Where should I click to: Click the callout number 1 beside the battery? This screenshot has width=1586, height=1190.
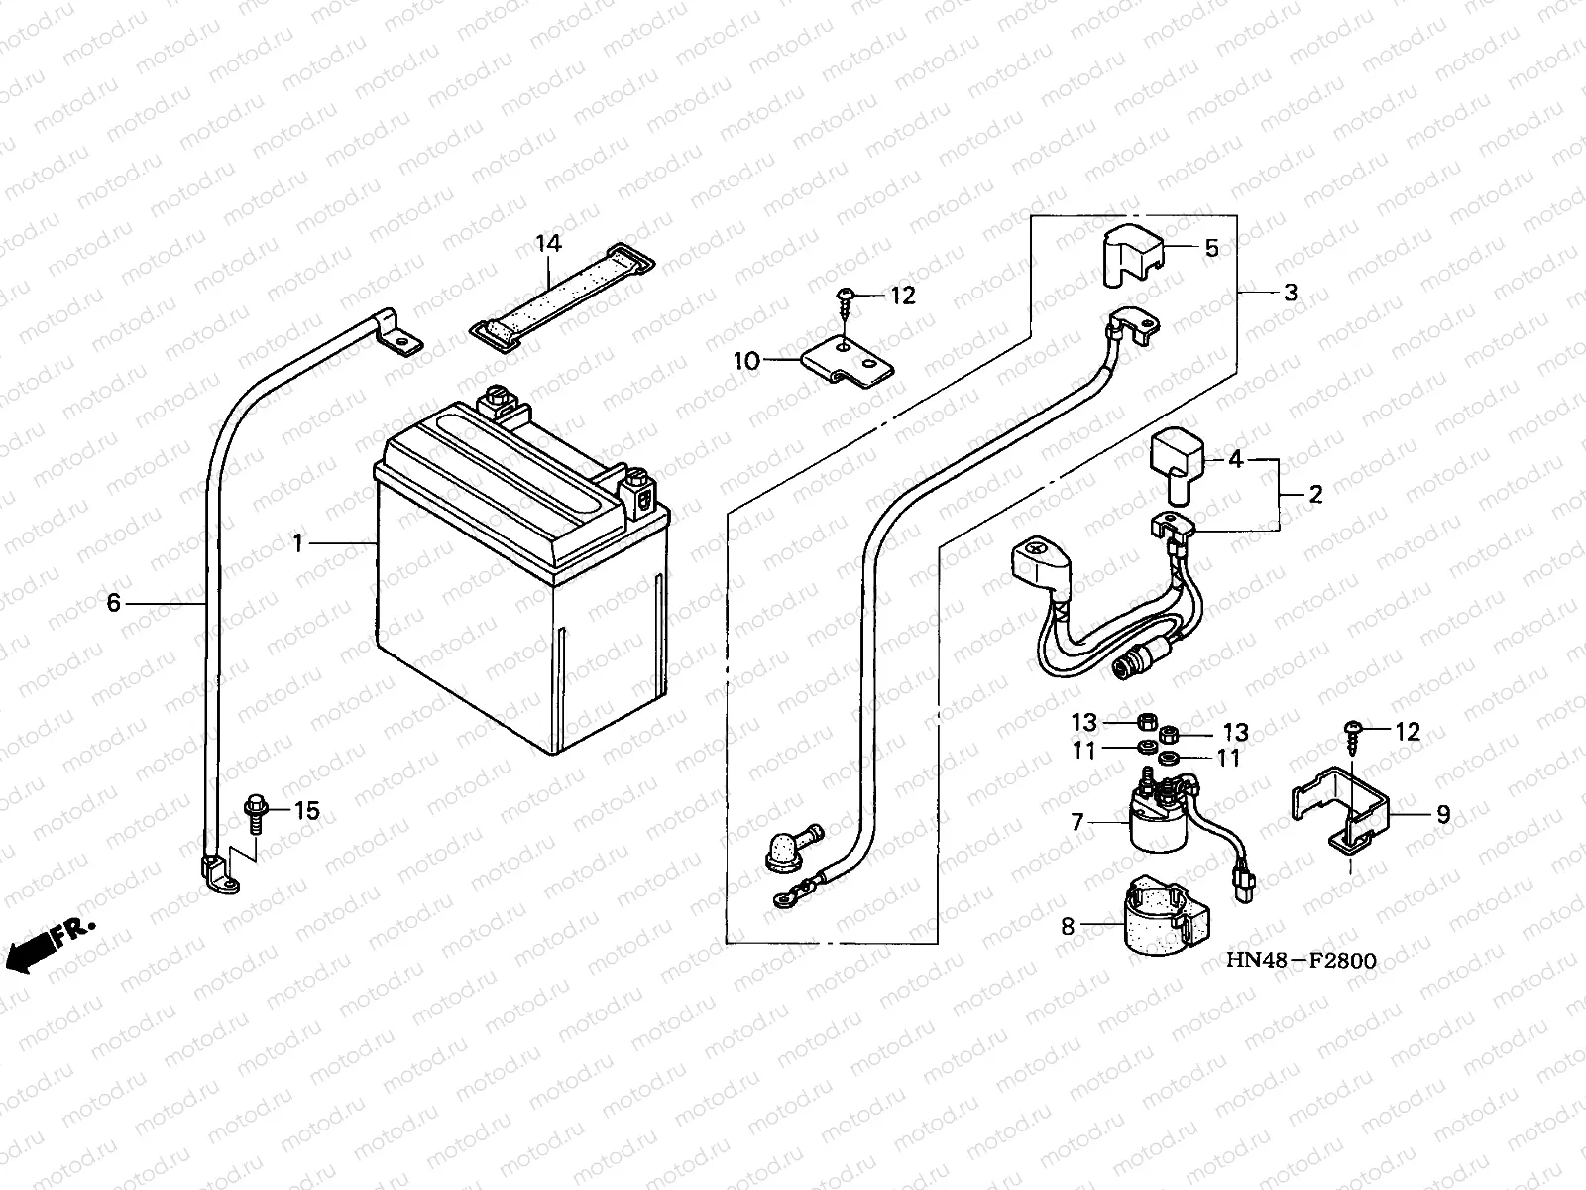[297, 543]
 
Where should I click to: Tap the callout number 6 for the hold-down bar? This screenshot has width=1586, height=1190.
[113, 603]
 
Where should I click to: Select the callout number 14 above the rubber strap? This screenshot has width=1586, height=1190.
[548, 244]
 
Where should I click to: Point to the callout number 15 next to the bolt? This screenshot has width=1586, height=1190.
[306, 810]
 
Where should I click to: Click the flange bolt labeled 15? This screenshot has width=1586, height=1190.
[256, 814]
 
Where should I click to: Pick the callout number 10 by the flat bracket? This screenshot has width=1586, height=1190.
[747, 361]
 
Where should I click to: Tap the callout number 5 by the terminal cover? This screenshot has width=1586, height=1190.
[1211, 248]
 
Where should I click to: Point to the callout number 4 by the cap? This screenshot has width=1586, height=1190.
[1235, 459]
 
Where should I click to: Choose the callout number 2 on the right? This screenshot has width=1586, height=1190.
[1315, 494]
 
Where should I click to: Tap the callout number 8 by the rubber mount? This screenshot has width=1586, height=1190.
[1068, 926]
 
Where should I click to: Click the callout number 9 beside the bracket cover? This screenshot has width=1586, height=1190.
[1443, 814]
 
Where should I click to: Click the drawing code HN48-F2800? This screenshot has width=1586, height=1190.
[1302, 960]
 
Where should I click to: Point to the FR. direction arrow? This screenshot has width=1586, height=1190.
[50, 945]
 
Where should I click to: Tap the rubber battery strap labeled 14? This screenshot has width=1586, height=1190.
[562, 295]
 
